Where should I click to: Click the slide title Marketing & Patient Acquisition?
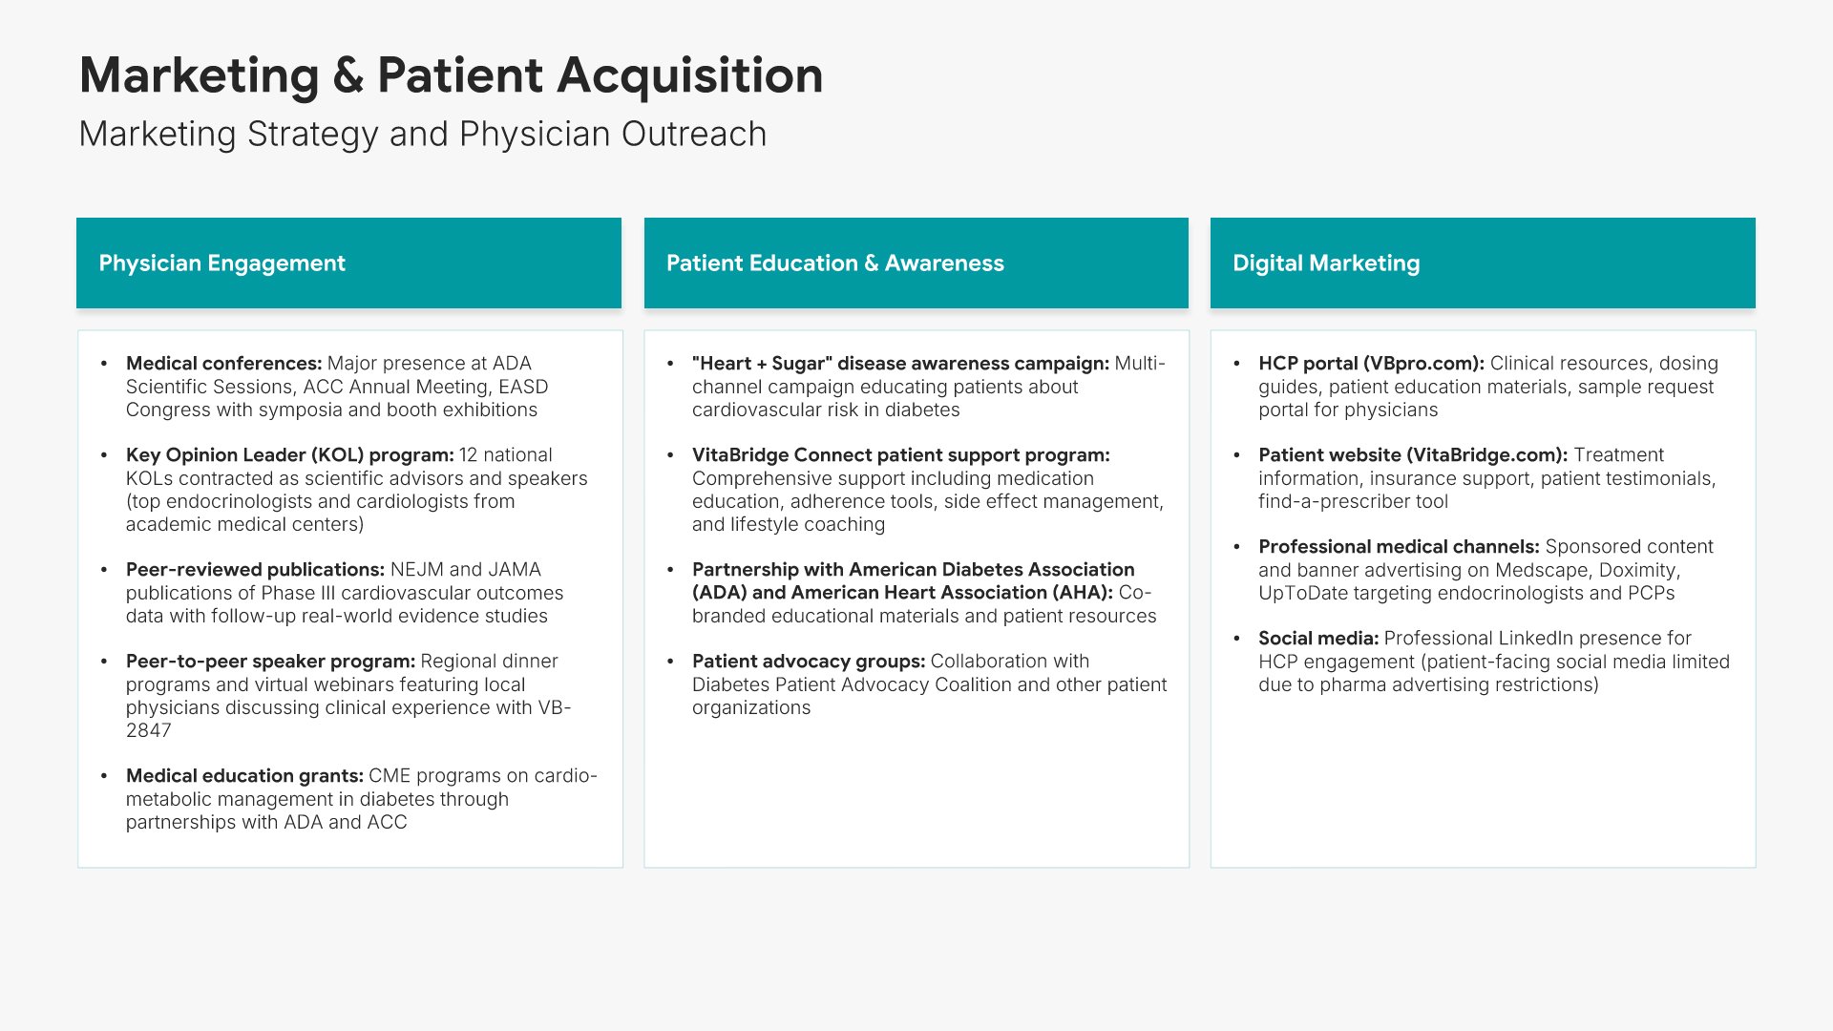451,75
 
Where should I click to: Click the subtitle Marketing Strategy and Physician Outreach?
422,135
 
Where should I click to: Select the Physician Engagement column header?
348,263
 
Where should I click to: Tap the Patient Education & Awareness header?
916,263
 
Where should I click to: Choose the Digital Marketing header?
1483,263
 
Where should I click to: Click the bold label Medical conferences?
223,364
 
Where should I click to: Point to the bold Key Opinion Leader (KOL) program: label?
289,455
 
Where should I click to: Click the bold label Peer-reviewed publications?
255,570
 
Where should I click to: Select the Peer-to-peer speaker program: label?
270,662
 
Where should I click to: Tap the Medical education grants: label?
244,776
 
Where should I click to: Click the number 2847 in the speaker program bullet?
149,730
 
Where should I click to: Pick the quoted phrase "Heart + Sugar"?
762,364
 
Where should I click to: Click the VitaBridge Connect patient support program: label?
901,455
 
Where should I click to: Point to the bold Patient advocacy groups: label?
809,662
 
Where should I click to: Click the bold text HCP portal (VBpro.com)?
1371,364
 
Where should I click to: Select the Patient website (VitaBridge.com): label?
1413,455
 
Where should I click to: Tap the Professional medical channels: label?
1399,547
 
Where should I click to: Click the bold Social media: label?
1318,639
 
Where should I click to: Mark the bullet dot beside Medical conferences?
103,364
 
